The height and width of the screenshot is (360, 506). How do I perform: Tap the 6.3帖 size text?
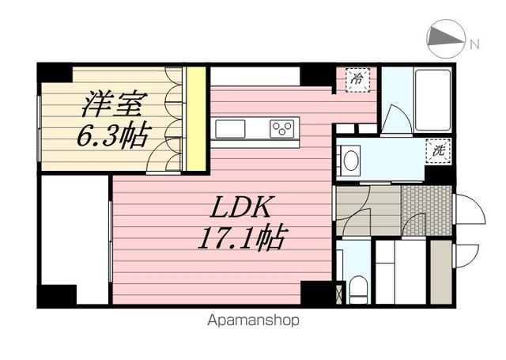114,134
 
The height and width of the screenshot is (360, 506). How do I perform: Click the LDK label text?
240,207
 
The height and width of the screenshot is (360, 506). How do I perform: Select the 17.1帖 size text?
242,237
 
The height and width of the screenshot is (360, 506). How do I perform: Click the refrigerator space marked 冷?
357,80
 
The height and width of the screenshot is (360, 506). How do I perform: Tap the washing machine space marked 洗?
437,150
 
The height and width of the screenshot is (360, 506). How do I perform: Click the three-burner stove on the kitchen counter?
282,129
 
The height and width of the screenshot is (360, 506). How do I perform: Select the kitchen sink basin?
230,129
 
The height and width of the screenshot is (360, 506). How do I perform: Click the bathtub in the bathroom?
432,100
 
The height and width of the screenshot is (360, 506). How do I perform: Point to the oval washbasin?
351,161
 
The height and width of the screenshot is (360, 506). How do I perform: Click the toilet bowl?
358,288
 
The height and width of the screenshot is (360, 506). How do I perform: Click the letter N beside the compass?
474,44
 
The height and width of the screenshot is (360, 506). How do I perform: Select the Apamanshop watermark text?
253,320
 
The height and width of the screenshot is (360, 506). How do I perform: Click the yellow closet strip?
196,119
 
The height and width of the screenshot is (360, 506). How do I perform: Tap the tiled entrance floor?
426,210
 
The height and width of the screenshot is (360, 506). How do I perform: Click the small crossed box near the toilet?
338,294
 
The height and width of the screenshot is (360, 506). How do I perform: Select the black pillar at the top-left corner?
55,74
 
